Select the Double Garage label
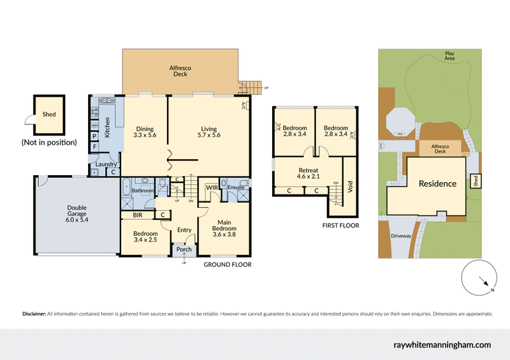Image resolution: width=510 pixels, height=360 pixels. [x=77, y=213]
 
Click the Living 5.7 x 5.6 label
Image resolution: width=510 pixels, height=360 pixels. [x=208, y=131]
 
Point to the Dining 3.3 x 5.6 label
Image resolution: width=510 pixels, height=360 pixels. [x=145, y=131]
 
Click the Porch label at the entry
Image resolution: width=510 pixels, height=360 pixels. [x=184, y=250]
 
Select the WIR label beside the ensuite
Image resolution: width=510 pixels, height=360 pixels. [x=212, y=187]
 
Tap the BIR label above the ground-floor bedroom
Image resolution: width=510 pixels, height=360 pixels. [x=137, y=215]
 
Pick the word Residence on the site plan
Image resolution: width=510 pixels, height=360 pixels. [x=437, y=184]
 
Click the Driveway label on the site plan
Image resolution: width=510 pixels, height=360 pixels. [x=402, y=236]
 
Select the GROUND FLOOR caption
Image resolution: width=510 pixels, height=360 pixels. [x=227, y=264]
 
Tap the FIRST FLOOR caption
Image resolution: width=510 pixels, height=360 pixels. [x=340, y=226]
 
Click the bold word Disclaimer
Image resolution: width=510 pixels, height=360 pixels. [x=34, y=314]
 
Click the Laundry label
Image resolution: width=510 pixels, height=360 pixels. [x=105, y=164]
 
